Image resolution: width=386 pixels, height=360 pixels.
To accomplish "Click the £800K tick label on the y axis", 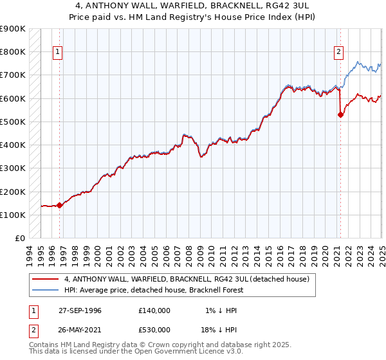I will click(x=13, y=51).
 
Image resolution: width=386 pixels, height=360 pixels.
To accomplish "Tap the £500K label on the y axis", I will click(x=13, y=122).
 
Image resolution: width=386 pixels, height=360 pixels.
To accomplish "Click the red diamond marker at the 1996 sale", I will click(x=59, y=206).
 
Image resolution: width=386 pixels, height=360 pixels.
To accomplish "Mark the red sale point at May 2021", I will click(x=340, y=115).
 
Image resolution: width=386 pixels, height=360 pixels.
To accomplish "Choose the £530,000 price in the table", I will click(x=154, y=330).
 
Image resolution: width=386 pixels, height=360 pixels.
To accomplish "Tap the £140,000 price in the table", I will click(x=154, y=310).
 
